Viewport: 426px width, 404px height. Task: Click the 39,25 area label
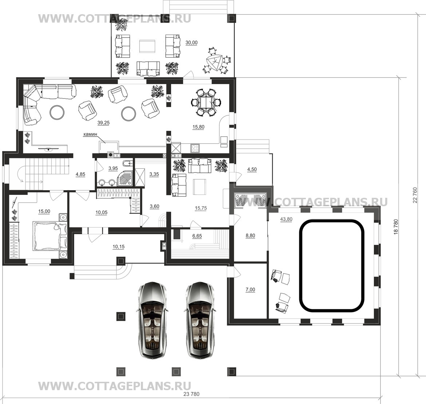(103, 123)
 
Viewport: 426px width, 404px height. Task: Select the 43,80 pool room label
(286, 219)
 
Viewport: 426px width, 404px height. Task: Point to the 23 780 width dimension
(191, 394)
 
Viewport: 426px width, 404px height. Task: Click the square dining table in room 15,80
(206, 103)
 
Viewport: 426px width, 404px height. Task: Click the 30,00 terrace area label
(192, 43)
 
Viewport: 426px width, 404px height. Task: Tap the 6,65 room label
(197, 236)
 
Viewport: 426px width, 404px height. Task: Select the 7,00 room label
(250, 290)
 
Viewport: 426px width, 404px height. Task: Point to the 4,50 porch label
(252, 169)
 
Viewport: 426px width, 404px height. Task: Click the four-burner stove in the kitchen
(195, 148)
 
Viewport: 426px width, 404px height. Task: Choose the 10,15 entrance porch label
(118, 247)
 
